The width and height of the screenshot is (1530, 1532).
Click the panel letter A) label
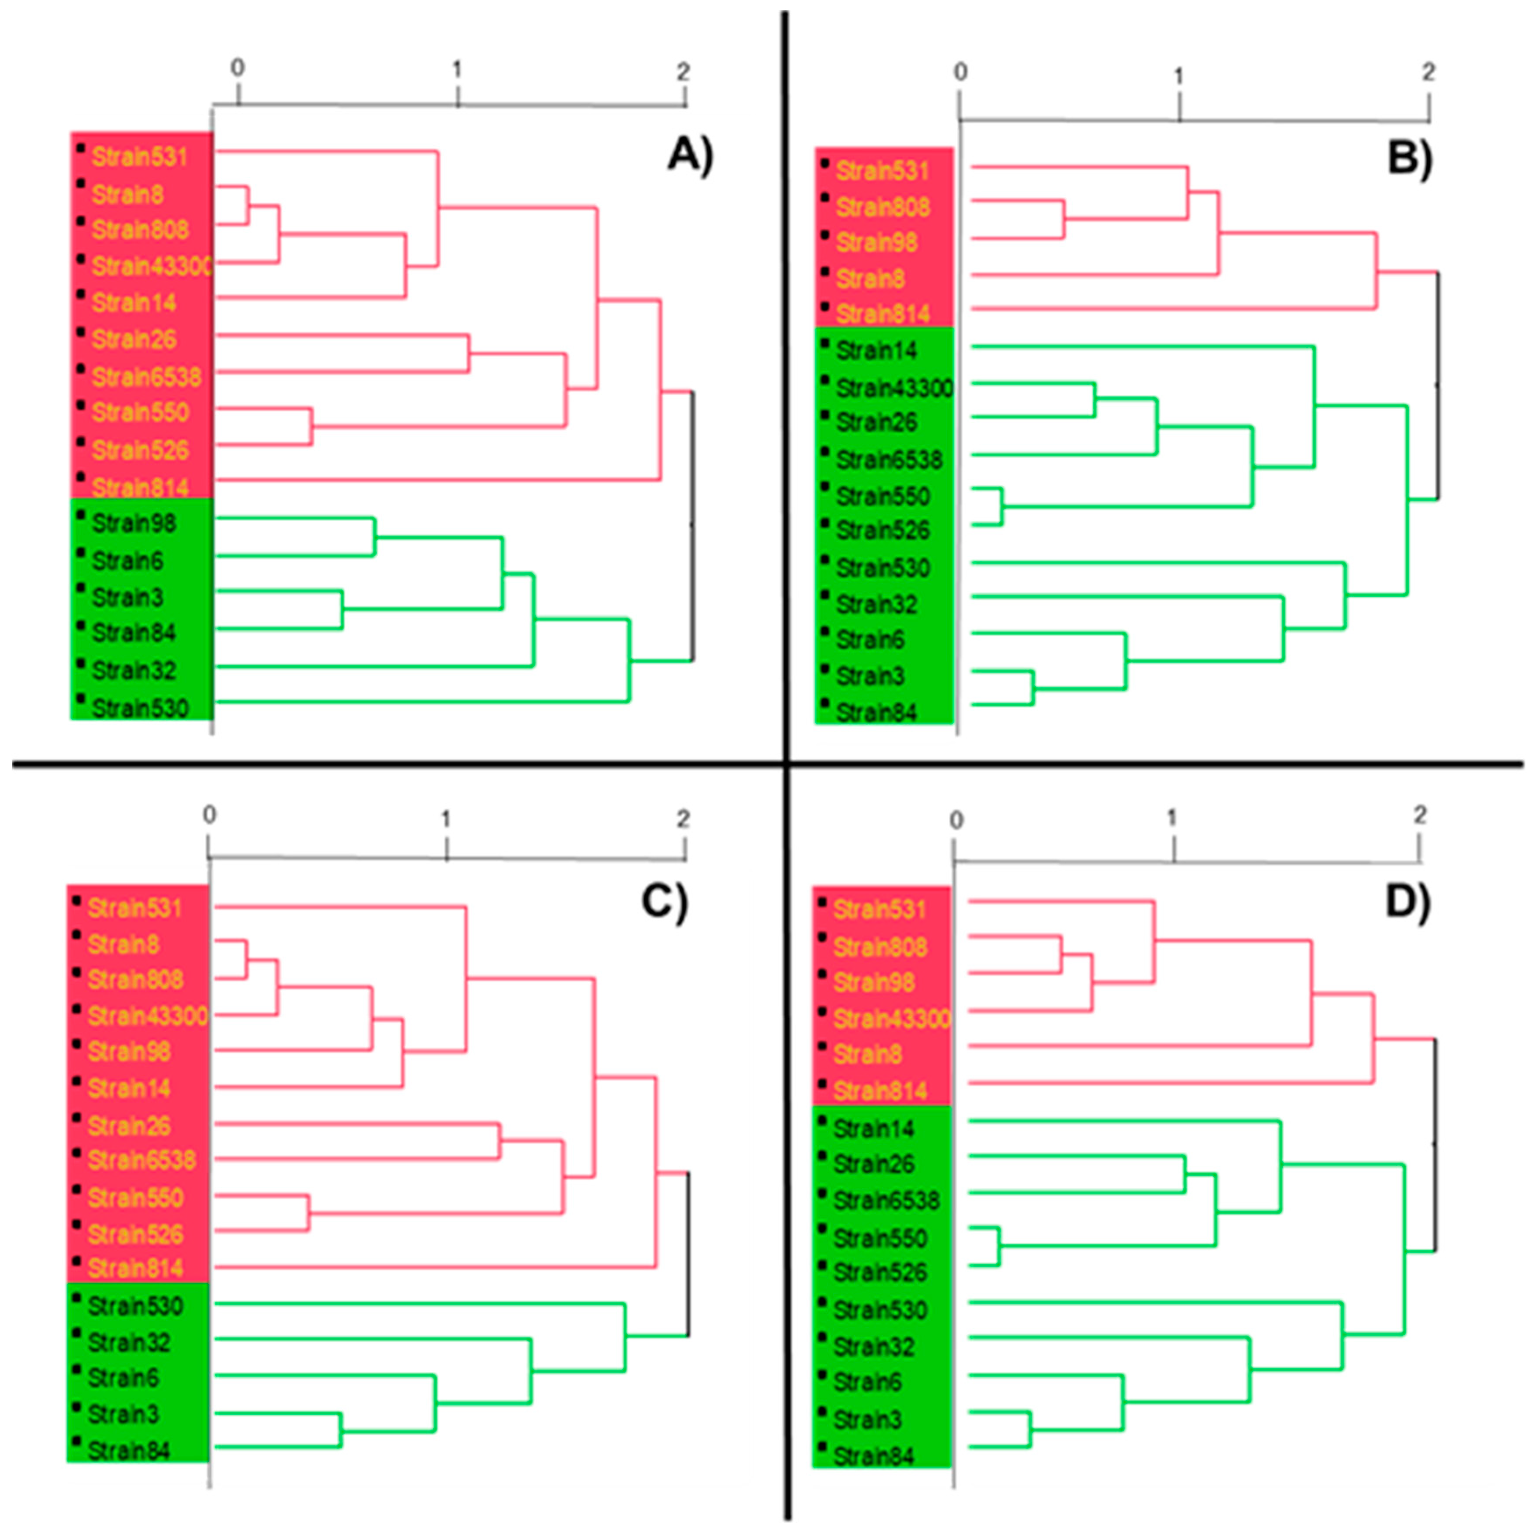pos(690,154)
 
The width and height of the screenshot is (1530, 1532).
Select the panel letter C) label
pos(665,901)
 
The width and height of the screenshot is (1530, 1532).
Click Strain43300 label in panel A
pos(151,267)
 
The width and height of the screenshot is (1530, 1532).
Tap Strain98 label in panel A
pos(133,523)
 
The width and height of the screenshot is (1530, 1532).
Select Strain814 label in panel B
pos(882,314)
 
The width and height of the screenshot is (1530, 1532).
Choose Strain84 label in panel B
pos(875,712)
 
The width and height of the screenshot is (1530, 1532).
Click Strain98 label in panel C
pos(129,1052)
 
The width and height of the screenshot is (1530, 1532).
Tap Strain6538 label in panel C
pos(141,1160)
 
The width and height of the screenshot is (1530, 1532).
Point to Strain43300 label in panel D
pos(891,1018)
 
